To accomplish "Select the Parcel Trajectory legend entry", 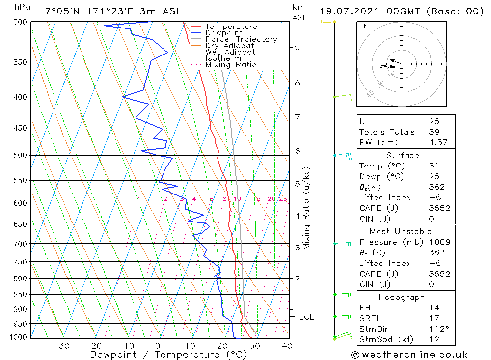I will point(241,39).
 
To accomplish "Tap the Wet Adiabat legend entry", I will point(230,52).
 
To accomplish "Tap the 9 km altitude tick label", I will point(297,47).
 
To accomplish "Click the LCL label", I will point(306,317).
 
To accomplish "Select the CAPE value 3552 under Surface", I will point(439,208).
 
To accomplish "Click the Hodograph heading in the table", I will point(402,297).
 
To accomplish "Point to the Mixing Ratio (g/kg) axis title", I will point(307,208).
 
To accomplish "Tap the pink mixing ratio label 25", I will point(283,199).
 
